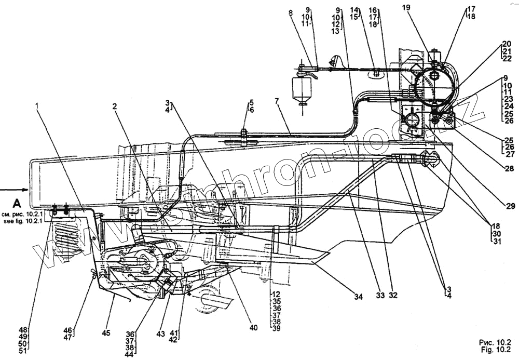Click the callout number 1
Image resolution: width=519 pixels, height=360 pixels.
click(x=37, y=105)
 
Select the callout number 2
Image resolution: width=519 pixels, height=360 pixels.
click(x=114, y=106)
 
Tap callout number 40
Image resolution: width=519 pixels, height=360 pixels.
click(x=253, y=328)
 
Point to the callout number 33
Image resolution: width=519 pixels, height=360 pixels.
click(x=380, y=296)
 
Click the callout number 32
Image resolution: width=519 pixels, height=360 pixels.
click(x=393, y=296)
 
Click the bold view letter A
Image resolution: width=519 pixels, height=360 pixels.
click(x=17, y=203)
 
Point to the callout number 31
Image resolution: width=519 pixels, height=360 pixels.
click(x=497, y=241)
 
